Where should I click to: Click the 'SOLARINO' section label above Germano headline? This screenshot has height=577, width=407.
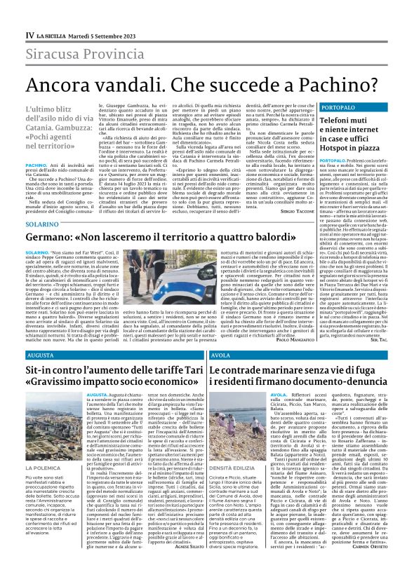click(40, 224)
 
